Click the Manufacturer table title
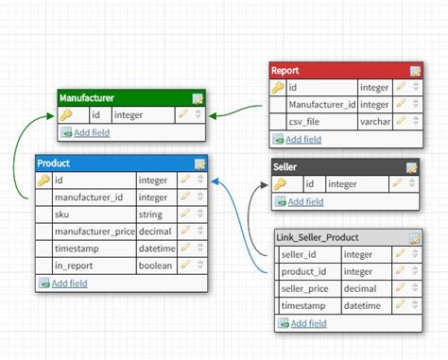click(87, 97)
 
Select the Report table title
click(285, 71)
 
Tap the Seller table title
click(284, 167)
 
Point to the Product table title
click(54, 163)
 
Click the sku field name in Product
click(61, 214)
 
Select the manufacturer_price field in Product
click(95, 231)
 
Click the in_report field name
click(73, 266)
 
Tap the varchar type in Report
click(375, 122)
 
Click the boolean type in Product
click(155, 266)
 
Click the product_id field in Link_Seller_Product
click(304, 271)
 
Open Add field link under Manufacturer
click(91, 133)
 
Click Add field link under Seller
click(305, 201)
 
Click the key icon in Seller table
click(281, 184)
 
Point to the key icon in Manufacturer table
click(66, 115)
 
